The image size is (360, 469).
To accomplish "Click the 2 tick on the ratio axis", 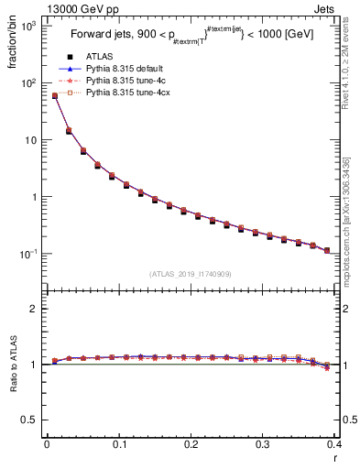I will [x=34, y=309].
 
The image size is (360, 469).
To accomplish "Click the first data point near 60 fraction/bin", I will [x=54, y=95].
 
